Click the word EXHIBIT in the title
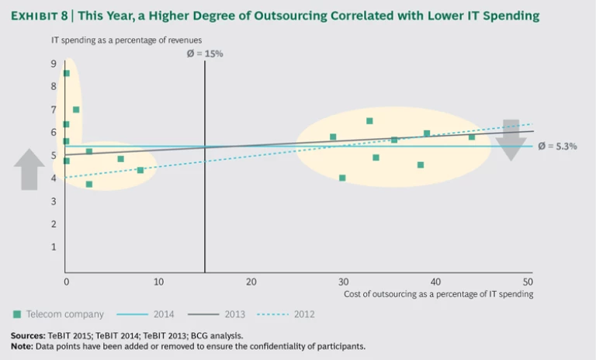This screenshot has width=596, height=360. tap(39, 16)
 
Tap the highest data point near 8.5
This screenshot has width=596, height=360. tap(66, 74)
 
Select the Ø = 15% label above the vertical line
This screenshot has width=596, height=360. tap(205, 54)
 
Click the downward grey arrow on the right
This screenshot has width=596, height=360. tap(511, 140)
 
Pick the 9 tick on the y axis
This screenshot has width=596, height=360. tap(54, 64)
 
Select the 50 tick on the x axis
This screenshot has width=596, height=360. tap(528, 281)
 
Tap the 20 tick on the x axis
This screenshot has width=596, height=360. tap(251, 281)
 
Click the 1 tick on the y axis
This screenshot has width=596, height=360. tap(54, 247)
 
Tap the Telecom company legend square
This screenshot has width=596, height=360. tap(17, 314)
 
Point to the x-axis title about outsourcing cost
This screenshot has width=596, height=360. tap(438, 294)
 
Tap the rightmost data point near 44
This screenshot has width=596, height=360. tap(471, 137)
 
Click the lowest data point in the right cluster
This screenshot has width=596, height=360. tap(342, 178)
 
